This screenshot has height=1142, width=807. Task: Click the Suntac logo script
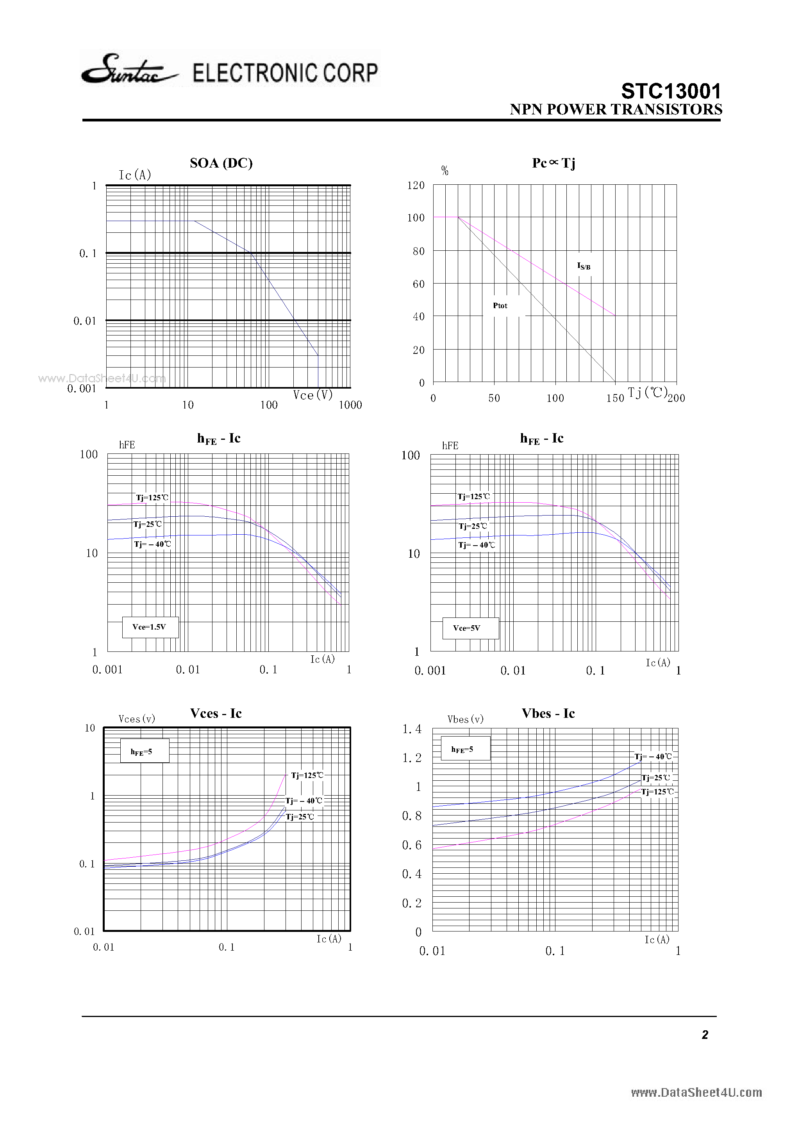point(129,70)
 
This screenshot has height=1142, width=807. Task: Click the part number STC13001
point(671,91)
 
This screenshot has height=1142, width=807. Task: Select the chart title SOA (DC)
point(221,163)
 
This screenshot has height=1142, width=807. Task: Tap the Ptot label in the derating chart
point(500,305)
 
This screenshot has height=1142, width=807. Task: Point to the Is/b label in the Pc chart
point(584,266)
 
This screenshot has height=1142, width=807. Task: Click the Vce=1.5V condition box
point(150,627)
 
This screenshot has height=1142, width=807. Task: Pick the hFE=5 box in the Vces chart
point(144,751)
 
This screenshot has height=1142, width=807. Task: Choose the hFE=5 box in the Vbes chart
point(465,749)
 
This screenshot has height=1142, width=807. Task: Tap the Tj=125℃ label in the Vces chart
point(307,775)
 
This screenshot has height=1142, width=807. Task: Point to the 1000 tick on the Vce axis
point(350,405)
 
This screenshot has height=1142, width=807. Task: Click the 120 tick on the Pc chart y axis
point(416,186)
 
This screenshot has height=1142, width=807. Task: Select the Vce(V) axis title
point(312,395)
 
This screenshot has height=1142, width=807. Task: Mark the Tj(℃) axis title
point(647,393)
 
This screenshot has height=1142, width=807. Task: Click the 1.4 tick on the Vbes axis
point(412,729)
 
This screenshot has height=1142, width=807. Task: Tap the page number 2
point(705,1035)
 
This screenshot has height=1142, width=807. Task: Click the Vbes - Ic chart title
point(548,713)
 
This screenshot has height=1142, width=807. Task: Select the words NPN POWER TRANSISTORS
point(616,109)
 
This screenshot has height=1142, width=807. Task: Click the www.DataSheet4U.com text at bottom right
point(696,1092)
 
